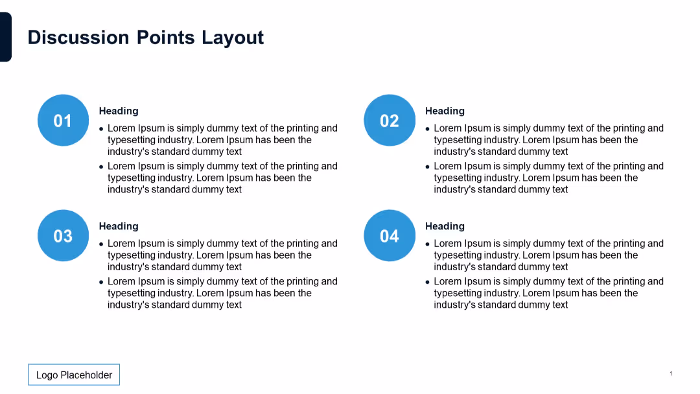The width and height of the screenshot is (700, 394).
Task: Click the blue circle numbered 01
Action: click(63, 121)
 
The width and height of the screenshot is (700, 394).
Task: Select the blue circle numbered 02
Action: click(389, 121)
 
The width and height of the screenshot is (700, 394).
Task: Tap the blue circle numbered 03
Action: click(63, 236)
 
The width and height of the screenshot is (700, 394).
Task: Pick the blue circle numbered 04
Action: click(389, 236)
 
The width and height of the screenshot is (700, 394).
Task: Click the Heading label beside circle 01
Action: click(119, 111)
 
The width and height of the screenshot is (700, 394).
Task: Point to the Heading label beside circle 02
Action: click(445, 111)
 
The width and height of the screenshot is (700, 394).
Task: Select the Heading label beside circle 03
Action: click(119, 226)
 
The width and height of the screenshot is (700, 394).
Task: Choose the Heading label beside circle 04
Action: click(445, 226)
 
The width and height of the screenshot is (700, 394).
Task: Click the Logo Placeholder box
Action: click(74, 375)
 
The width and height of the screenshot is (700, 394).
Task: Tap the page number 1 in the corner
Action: click(671, 373)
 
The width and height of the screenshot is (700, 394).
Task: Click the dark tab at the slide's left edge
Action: click(5, 37)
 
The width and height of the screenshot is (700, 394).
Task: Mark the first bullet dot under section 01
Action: click(102, 129)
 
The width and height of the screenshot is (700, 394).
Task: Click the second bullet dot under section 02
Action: click(428, 167)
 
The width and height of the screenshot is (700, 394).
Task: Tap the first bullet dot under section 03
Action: click(102, 244)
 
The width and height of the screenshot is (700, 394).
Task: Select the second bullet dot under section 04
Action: click(428, 283)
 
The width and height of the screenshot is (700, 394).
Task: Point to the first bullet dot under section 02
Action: click(428, 129)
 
